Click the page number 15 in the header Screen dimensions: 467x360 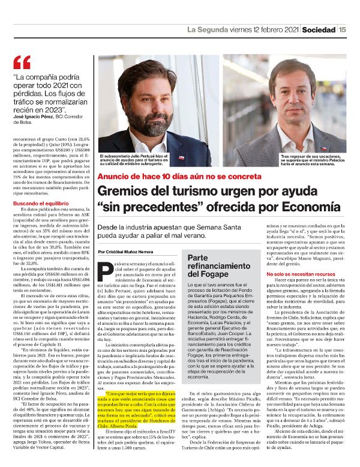click(342, 28)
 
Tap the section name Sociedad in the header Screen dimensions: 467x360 click(318, 28)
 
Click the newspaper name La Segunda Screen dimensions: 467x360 click(208, 28)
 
